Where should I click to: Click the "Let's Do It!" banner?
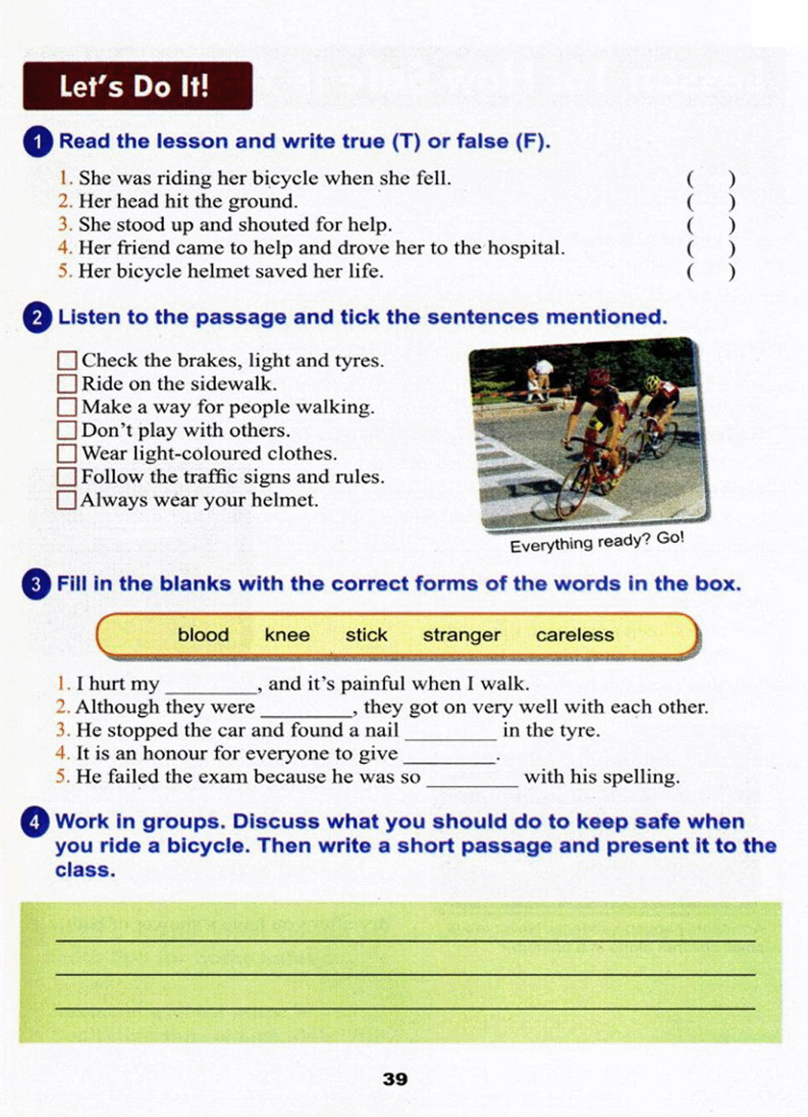(x=137, y=86)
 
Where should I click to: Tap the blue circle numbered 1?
(x=38, y=142)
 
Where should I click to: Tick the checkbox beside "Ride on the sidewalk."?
(x=67, y=384)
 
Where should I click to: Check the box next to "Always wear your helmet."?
(x=67, y=500)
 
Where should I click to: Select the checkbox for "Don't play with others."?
(x=67, y=430)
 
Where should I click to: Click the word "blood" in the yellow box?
(x=203, y=635)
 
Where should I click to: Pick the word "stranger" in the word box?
(x=461, y=635)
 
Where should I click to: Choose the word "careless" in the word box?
(x=574, y=635)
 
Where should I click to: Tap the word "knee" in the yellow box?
(x=287, y=635)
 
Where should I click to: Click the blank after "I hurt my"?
(x=211, y=685)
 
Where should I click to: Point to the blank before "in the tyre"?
(x=451, y=732)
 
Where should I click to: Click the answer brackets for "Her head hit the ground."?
(x=710, y=202)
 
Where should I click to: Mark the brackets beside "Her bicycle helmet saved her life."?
(x=710, y=272)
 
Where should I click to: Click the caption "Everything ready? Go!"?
(x=597, y=542)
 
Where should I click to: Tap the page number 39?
(x=395, y=1079)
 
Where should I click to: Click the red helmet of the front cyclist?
(x=600, y=377)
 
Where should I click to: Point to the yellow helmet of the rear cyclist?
(x=653, y=383)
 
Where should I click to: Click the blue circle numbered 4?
(x=35, y=822)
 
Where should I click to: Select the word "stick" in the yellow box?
(x=366, y=635)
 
